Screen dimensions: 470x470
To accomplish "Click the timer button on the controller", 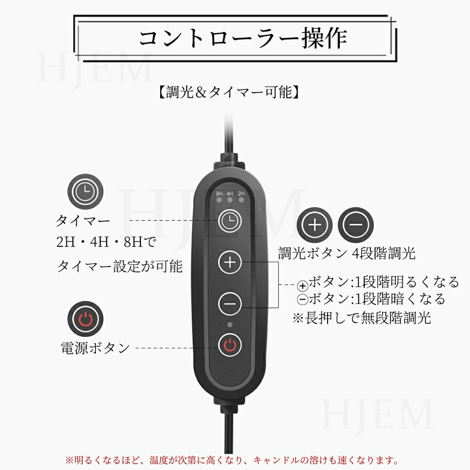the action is [x=230, y=221].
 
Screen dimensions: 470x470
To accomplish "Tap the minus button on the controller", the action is [x=230, y=303].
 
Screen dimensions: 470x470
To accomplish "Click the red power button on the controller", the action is [x=230, y=345].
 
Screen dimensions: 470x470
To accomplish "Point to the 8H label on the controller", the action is [x=219, y=193].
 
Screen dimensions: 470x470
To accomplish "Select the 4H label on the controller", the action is [x=230, y=193].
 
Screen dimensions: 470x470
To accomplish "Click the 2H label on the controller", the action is [x=241, y=193].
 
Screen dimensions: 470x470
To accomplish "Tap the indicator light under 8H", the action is [x=219, y=200].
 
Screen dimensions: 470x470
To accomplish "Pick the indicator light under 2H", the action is [x=241, y=200].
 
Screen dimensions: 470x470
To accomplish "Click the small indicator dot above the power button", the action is [x=230, y=325].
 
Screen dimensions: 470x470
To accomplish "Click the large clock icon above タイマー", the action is [x=86, y=192].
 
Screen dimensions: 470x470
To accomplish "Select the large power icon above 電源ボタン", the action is [x=86, y=319].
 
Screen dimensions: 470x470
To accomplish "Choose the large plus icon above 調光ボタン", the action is [x=315, y=225].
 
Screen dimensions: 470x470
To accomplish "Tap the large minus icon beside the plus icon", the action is [x=356, y=225].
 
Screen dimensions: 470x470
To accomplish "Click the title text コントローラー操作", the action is [x=243, y=38].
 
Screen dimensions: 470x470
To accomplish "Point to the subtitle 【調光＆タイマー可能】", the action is [x=229, y=92].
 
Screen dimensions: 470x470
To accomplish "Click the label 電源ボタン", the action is [x=95, y=348].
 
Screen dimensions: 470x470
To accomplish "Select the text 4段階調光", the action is [x=384, y=253].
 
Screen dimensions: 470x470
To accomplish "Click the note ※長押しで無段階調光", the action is [x=362, y=317].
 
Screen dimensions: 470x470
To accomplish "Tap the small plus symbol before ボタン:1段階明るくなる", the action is [x=303, y=286].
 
